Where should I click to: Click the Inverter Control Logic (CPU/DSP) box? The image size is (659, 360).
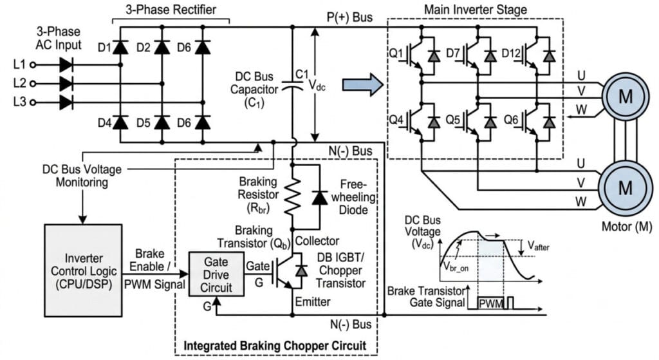83,270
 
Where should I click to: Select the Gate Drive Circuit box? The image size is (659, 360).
216,274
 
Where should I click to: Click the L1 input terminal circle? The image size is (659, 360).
32,65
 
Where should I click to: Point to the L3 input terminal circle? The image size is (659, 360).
32,102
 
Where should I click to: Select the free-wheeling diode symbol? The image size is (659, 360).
320,197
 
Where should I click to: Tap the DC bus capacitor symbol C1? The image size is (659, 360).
293,86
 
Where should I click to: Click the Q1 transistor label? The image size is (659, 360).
396,53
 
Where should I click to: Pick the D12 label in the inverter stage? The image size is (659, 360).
511,53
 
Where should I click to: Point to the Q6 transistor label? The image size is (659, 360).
510,120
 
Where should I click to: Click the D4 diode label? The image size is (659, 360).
104,123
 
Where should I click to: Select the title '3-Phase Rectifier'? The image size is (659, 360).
171,10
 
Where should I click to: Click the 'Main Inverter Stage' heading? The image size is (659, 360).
476,10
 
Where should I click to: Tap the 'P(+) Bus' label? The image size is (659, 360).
349,17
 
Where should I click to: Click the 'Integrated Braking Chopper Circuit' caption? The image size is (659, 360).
275,346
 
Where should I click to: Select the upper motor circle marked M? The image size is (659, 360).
626,97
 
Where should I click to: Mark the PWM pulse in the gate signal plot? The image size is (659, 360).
490,303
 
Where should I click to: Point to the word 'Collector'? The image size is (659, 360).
317,241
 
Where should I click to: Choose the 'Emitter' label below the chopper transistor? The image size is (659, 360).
313,301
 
